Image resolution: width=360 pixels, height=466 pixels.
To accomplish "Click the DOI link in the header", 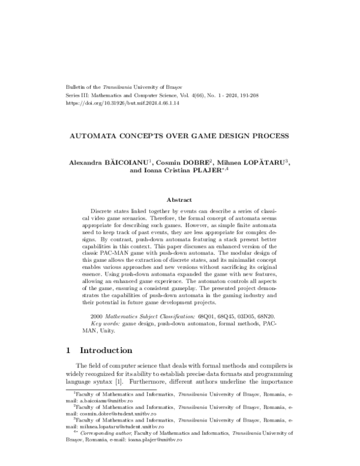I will click(x=112, y=103).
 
